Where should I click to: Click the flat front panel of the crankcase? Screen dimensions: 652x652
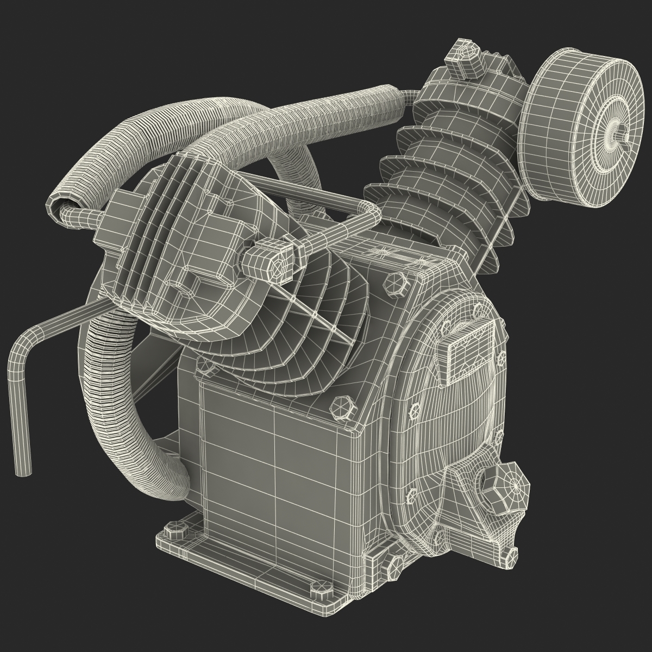pos(274,456)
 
